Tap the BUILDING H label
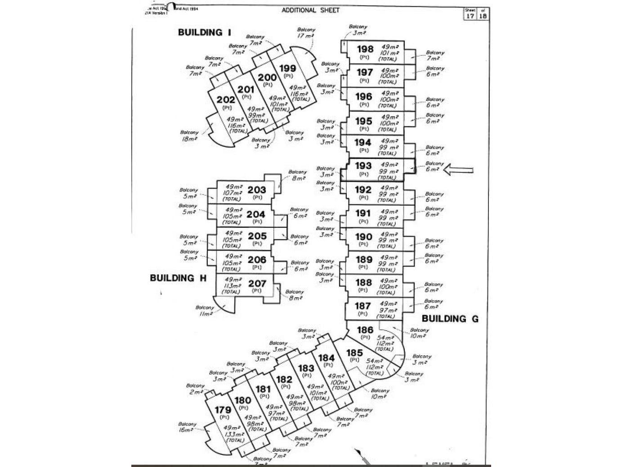(178, 278)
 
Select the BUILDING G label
(450, 319)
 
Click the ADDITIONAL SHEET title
(311, 10)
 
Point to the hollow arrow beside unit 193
(458, 170)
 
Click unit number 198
(365, 49)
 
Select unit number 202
(226, 100)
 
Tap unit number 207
(257, 284)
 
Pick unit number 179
(223, 410)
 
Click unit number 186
(365, 330)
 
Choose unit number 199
(288, 68)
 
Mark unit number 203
(257, 190)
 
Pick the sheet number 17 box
(470, 16)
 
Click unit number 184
(327, 358)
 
